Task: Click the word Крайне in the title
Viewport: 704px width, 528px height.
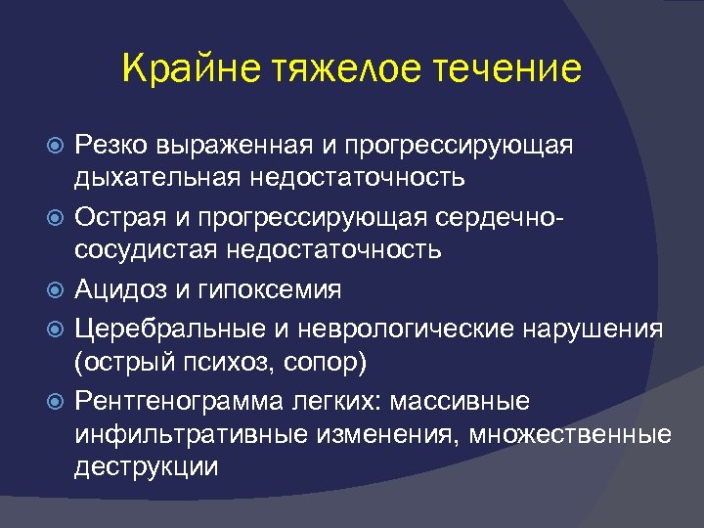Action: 189,69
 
